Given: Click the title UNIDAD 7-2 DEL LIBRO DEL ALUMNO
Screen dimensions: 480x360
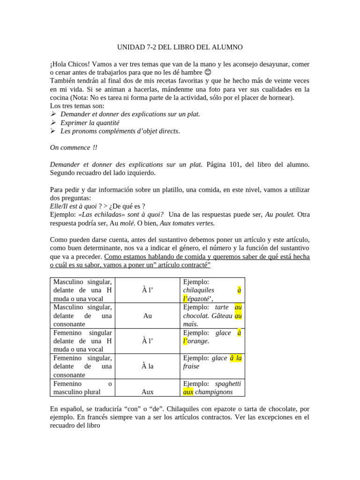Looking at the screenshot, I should point(180,47).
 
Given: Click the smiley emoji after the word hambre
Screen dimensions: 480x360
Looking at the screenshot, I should point(208,73).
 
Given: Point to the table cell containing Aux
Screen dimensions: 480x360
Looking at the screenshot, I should point(147,391).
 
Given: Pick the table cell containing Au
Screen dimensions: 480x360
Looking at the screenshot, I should point(147,315).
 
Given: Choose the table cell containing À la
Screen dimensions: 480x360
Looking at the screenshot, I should point(147,366).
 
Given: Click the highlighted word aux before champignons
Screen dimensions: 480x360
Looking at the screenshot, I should point(188,392).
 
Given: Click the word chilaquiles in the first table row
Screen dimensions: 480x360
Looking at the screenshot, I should point(199,290).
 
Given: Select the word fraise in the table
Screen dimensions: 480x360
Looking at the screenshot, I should point(191,366).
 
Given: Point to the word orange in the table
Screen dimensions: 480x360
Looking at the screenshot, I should point(198,341).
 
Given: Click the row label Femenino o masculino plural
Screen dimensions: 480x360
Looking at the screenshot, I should point(82,387).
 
